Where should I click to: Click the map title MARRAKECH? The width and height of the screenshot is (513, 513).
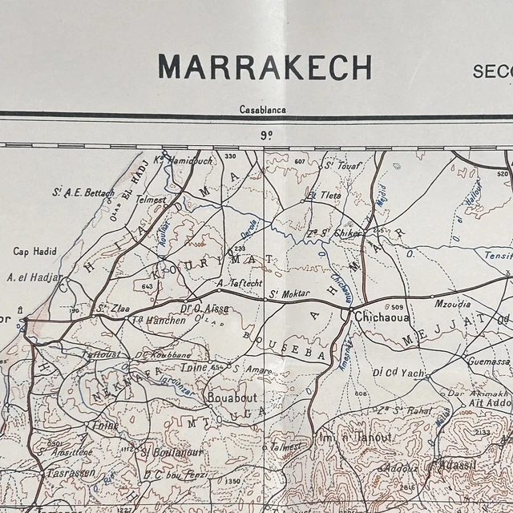tap(265, 67)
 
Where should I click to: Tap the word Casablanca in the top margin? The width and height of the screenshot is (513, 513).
tap(263, 110)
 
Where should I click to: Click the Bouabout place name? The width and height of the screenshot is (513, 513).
tap(232, 396)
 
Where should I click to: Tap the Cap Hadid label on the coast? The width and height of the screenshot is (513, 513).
tap(34, 252)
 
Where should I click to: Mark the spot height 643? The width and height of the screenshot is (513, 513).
tap(147, 286)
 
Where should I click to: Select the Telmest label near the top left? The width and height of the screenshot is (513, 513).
tap(150, 200)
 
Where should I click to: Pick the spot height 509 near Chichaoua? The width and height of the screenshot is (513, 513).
tap(397, 307)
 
